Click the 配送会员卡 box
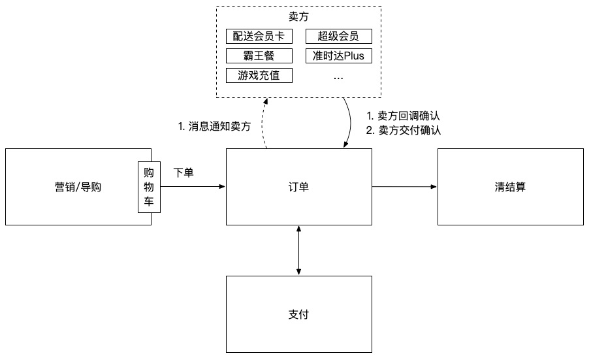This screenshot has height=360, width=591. [x=259, y=36]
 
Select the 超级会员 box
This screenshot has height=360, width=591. [x=338, y=36]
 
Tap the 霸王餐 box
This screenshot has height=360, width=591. [x=259, y=56]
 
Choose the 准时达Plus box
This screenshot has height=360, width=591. [x=338, y=56]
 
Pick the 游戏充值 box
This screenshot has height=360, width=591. [x=259, y=75]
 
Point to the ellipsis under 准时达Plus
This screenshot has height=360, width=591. [x=338, y=77]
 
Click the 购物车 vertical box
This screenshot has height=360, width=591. [x=149, y=187]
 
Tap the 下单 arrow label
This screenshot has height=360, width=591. [x=184, y=173]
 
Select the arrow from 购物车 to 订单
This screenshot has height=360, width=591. [x=193, y=187]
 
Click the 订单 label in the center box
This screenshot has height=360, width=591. [x=298, y=188]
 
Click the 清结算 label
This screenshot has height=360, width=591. [x=510, y=188]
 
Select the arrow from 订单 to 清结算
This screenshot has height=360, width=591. [x=405, y=187]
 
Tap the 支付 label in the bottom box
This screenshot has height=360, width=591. [x=298, y=314]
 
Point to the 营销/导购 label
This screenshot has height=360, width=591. [x=78, y=188]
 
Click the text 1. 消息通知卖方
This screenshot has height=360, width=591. [x=214, y=127]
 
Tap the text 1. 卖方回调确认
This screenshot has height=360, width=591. [x=404, y=116]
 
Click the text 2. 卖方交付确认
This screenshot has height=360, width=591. [x=404, y=130]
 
